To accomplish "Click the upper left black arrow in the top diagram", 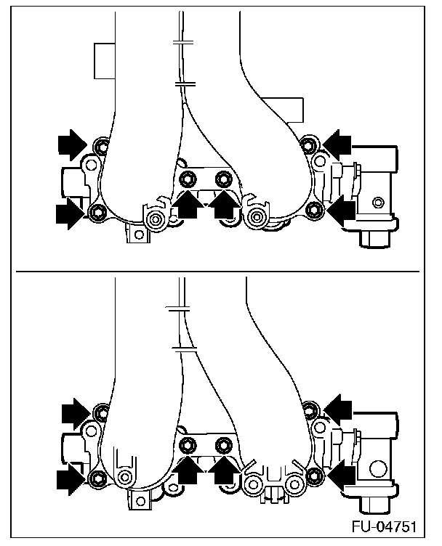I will click(73, 144).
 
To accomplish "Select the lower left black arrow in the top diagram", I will click(70, 213).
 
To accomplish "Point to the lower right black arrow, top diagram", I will click(340, 211).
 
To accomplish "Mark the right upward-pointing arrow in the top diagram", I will click(224, 205).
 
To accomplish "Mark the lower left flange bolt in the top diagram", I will click(98, 212).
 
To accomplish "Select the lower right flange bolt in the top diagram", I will click(314, 211).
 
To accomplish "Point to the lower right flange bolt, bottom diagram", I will click(314, 476).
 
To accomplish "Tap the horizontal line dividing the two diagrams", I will click(218, 272).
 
